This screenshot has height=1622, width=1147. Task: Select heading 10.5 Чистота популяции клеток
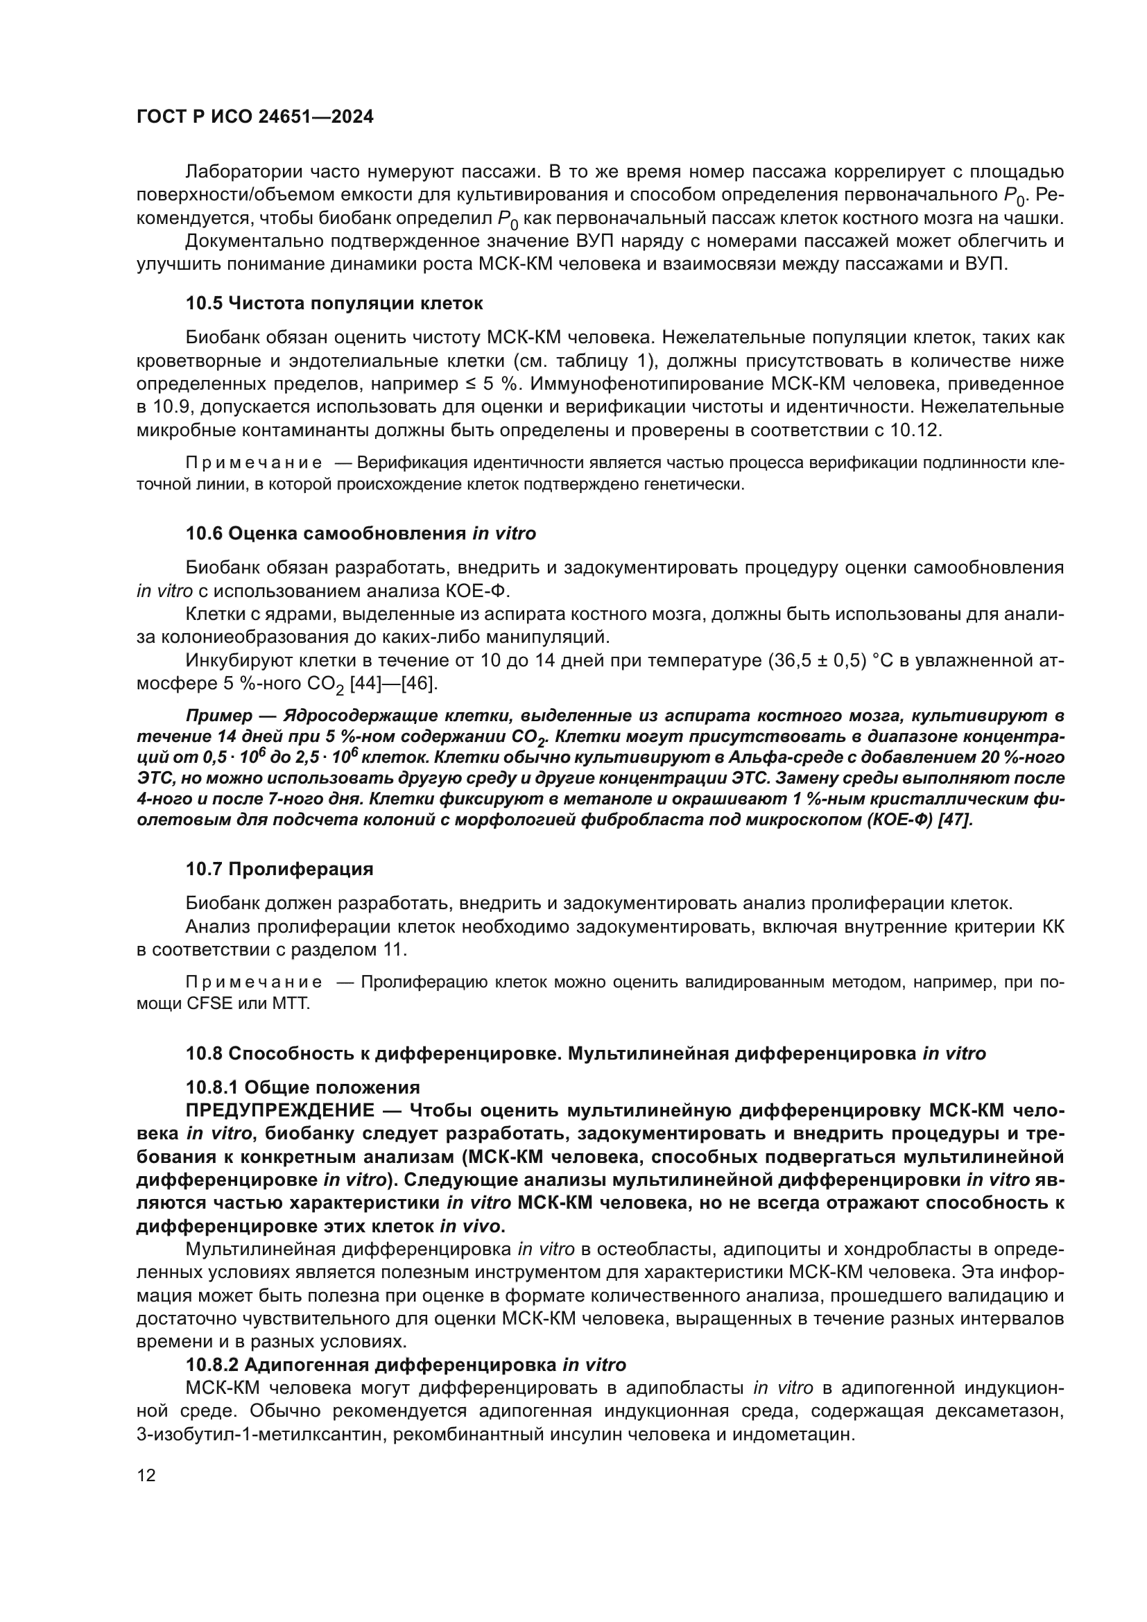tap(334, 304)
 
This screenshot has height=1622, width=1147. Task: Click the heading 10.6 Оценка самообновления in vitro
tap(360, 533)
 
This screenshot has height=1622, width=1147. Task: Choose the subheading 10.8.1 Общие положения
tap(302, 1087)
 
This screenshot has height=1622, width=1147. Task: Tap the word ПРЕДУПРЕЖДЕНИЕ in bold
tap(279, 1110)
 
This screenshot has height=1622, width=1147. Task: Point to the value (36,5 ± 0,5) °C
tap(829, 661)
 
